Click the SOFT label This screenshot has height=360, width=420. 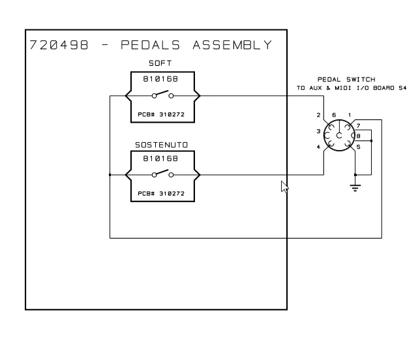160,64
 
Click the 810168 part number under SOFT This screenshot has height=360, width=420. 160,79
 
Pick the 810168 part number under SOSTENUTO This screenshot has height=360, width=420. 160,158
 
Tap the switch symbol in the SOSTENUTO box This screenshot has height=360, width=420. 162,174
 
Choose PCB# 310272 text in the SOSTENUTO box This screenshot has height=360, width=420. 160,192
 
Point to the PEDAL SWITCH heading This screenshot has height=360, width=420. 346,80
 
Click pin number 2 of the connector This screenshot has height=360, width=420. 319,116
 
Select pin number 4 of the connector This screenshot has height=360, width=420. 319,147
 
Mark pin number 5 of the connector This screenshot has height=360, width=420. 358,147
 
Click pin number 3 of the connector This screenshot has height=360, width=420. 318,132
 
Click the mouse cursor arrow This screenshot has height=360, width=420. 284,187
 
